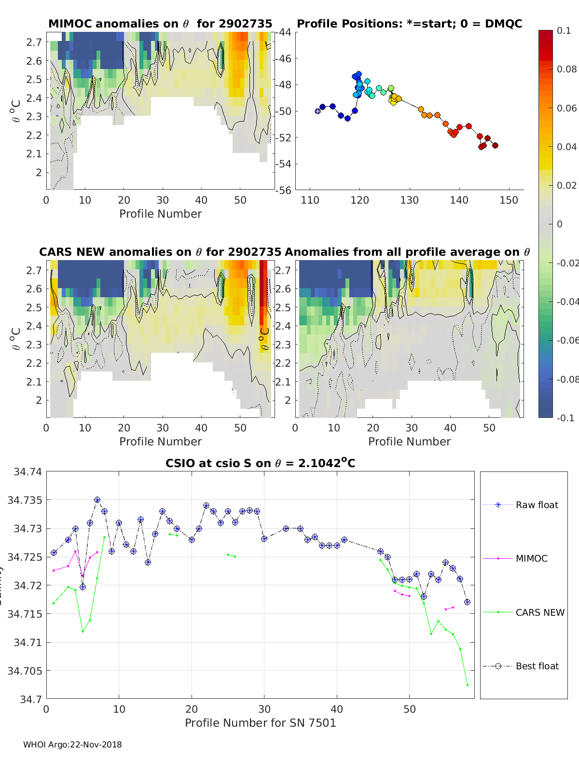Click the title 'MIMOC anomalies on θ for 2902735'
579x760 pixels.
[160, 24]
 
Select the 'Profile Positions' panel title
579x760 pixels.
[409, 24]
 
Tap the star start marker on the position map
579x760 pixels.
[317, 111]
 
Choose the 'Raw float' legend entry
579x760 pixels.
[537, 505]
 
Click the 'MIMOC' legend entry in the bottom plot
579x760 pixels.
[531, 558]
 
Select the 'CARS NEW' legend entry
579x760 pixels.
[539, 612]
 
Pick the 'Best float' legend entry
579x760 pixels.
[537, 666]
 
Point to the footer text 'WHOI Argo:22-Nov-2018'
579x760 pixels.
[72, 745]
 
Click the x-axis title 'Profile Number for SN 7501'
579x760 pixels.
[260, 723]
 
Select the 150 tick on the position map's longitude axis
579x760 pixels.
[509, 200]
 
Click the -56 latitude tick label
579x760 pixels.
[283, 190]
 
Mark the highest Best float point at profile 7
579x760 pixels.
[97, 500]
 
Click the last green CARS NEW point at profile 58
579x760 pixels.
[467, 685]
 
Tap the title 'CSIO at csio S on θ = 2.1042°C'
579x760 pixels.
[260, 463]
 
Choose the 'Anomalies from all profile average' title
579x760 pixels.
[407, 252]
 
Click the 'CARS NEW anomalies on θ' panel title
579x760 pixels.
[160, 252]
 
